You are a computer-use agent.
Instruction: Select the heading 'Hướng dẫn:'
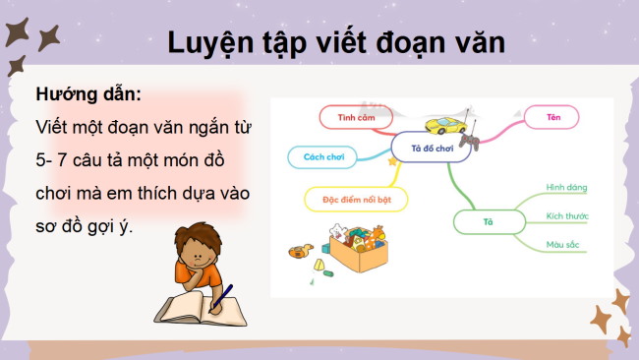tap(88, 95)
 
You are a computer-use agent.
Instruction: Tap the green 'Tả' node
tap(487, 222)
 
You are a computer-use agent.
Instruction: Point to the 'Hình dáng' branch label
tap(566, 186)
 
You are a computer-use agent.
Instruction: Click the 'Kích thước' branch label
tap(567, 215)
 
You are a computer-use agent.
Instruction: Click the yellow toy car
tap(446, 126)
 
